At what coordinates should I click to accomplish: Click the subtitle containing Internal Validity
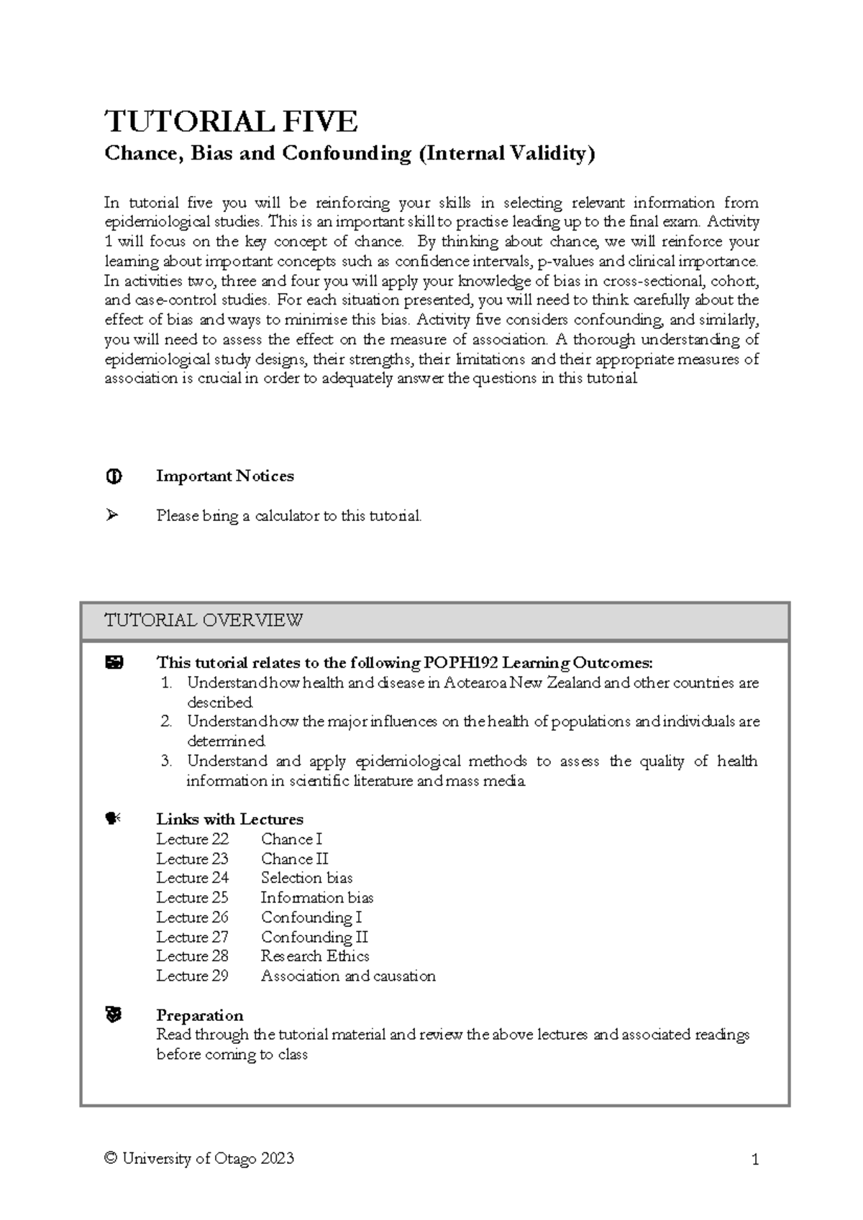tap(350, 154)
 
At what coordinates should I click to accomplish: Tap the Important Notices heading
tap(224, 476)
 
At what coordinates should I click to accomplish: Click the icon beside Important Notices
tap(114, 476)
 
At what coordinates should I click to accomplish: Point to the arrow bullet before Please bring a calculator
tap(112, 515)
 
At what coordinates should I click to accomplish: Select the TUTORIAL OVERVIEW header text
tap(204, 620)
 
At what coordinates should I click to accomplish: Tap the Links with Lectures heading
tap(229, 819)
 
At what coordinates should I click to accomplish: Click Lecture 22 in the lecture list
tap(192, 839)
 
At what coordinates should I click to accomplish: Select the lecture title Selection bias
tap(306, 878)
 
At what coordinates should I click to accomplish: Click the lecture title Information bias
tap(316, 897)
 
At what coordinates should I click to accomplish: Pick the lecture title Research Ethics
tap(315, 956)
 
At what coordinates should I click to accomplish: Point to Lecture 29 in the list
tap(192, 976)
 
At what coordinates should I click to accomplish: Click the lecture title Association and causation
tap(348, 976)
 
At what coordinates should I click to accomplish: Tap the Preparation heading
tap(199, 1015)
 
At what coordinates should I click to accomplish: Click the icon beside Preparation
tap(113, 1015)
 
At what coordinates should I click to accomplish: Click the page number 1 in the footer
tap(754, 1160)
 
